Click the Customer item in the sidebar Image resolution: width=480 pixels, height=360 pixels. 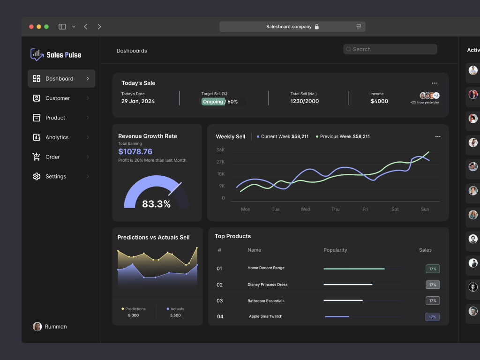point(57,98)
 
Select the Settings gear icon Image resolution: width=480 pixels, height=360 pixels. point(37,177)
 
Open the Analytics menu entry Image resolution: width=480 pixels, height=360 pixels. point(57,137)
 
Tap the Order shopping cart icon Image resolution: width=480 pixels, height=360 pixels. point(37,157)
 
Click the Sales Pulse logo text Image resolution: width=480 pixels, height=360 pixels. point(64,55)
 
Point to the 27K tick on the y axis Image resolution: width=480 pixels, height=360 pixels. point(220,162)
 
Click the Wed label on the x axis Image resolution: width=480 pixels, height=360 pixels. point(305,210)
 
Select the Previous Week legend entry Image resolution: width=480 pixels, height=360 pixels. point(343,136)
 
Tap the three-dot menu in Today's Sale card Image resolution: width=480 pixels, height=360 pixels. point(434,83)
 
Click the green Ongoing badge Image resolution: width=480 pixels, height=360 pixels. point(213,102)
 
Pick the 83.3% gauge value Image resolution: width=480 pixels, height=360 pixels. point(156,204)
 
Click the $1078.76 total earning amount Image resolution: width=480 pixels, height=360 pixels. point(135,151)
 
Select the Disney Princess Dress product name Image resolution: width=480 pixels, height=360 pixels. point(267,285)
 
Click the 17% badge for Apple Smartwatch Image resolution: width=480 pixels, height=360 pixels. point(432,317)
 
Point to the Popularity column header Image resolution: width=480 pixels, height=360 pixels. point(335,250)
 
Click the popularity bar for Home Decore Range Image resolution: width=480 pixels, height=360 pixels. point(354,269)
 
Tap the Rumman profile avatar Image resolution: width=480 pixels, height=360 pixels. point(37,327)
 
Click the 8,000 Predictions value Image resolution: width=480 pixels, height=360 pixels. point(133,315)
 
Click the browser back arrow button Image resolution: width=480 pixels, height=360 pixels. point(86,27)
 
